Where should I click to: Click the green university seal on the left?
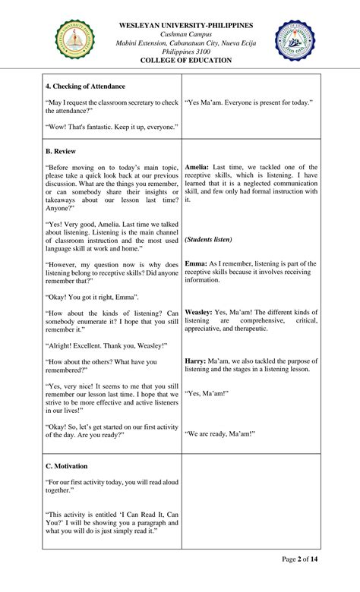coord(75,40)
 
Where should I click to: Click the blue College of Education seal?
coord(295,41)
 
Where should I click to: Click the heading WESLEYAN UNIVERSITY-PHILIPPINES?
coord(186,25)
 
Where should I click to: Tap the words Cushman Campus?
coord(186,34)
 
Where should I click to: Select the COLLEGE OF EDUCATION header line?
coord(186,61)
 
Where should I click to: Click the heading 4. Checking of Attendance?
coord(85,87)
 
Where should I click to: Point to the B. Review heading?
coord(61,152)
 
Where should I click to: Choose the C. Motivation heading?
coord(67,466)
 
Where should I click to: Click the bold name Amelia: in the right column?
coord(197,167)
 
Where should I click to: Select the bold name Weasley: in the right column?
coord(199,312)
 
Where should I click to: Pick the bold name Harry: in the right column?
coord(195,361)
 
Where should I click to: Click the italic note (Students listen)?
coord(208,240)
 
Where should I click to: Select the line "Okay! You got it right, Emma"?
coord(92,297)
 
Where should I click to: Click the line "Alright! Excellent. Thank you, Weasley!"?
coord(105,345)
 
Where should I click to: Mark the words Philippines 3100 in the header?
coord(186,52)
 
